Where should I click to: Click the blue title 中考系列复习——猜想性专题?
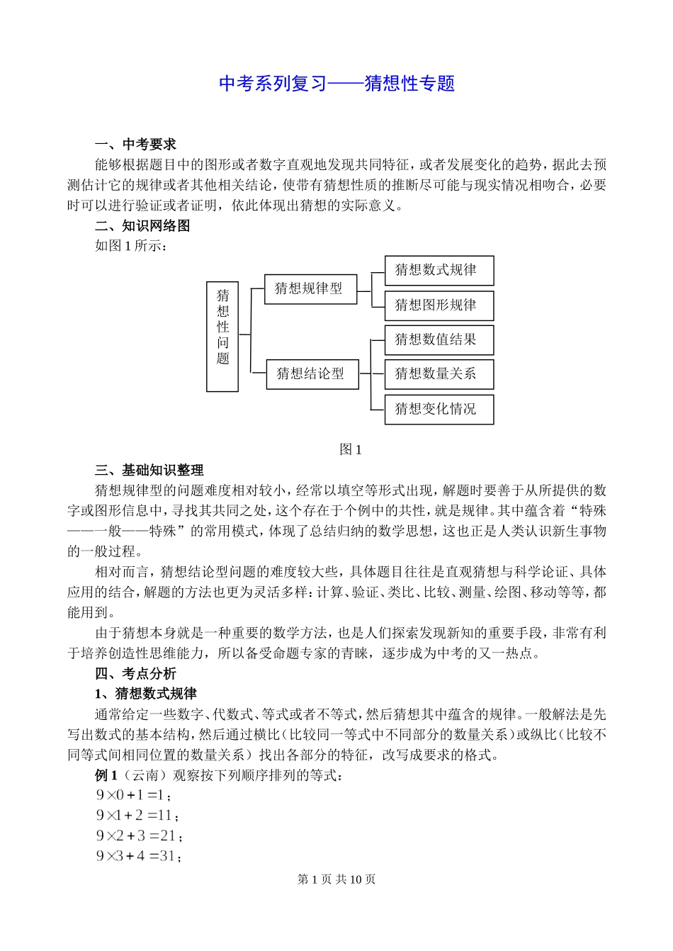coord(336,84)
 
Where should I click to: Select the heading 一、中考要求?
coord(135,145)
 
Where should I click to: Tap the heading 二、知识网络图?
coord(142,226)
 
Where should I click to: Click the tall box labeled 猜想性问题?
coord(222,336)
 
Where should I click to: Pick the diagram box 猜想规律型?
coord(310,289)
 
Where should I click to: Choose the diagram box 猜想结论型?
coord(312,373)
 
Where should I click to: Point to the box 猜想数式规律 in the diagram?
coord(439,271)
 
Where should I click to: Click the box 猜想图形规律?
coord(439,305)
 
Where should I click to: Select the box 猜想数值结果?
coord(439,340)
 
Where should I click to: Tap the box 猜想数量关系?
coord(439,374)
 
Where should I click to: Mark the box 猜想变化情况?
coord(439,410)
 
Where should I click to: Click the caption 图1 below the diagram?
coord(351,449)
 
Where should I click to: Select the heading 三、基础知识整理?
coord(149,470)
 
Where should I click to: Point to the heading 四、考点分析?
coord(135,674)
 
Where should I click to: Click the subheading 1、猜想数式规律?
coord(146,694)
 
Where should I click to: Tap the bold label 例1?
coord(106,775)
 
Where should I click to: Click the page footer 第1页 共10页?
coord(336,879)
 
